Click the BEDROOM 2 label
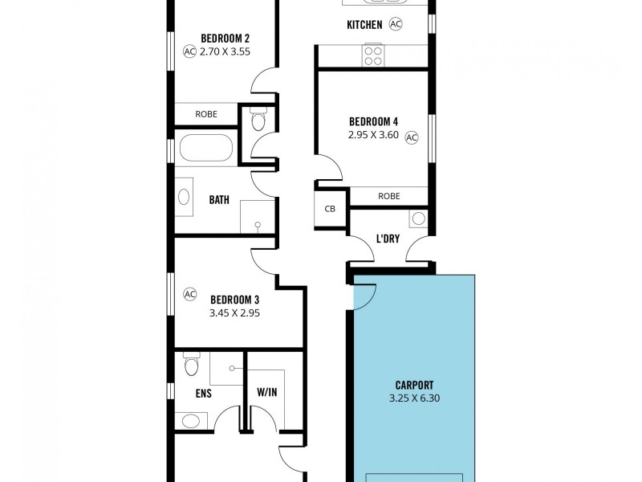tap(225, 38)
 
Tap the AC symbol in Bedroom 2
tap(189, 51)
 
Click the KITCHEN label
tap(364, 25)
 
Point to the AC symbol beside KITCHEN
tap(396, 24)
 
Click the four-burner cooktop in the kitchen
tap(373, 54)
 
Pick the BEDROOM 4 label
tap(373, 121)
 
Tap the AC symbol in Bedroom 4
tap(412, 137)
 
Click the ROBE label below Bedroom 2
tap(206, 114)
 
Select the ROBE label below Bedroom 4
tap(389, 195)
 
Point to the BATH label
tap(219, 199)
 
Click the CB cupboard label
tap(329, 209)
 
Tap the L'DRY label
tap(388, 239)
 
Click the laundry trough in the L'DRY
tap(418, 218)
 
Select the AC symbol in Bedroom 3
tap(190, 293)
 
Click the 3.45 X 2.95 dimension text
tap(235, 314)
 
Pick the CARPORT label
tap(414, 384)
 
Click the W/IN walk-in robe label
tap(267, 393)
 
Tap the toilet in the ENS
tap(191, 366)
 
